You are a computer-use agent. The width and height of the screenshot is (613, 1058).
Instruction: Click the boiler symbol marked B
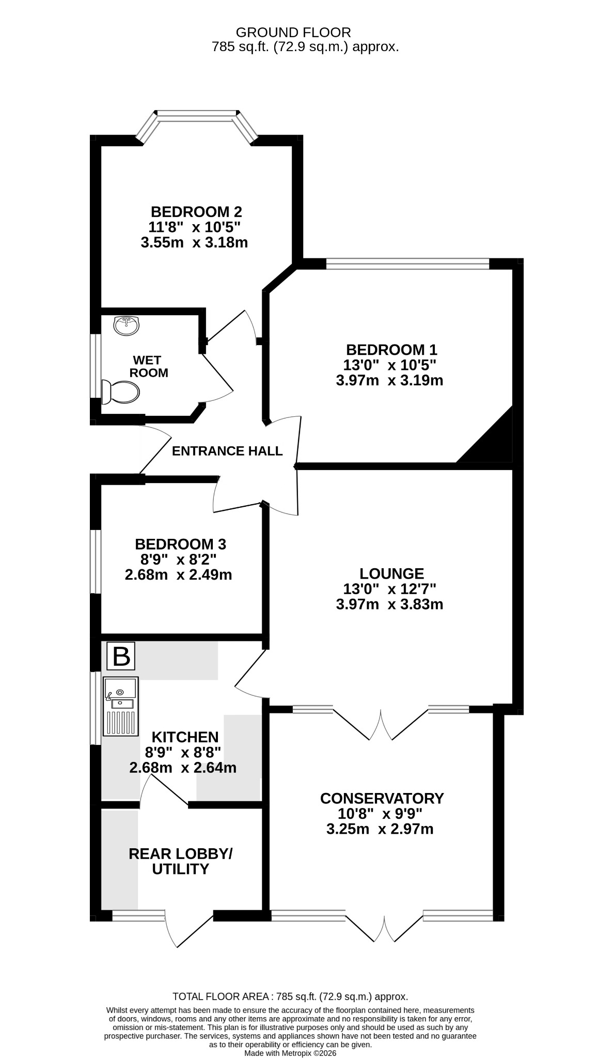coord(121,656)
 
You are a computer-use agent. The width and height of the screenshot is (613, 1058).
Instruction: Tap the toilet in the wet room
coord(120,392)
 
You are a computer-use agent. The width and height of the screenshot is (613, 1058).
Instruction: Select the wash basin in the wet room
coord(125,325)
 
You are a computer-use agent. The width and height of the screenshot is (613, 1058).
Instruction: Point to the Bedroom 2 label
coord(196,212)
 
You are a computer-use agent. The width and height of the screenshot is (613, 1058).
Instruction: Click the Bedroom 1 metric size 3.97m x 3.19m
coord(389,381)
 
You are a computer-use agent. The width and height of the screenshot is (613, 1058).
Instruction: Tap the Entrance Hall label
coord(227,451)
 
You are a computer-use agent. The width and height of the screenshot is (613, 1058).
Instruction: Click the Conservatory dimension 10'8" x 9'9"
coord(380,814)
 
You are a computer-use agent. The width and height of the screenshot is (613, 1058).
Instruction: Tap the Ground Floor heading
coord(293,33)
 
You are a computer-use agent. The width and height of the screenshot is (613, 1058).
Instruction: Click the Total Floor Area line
coord(290,997)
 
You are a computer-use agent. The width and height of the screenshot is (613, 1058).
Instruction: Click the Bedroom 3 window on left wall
coord(96,562)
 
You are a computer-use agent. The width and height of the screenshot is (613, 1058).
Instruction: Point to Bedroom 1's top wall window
coord(408,264)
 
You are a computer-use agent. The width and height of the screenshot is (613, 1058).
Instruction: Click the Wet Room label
coord(149,366)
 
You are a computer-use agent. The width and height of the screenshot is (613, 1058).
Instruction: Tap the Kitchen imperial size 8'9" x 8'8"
coord(183,752)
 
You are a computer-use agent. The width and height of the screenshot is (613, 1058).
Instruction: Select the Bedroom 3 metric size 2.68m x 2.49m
coord(178,574)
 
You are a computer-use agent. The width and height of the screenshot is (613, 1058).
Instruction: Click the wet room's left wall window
coord(96,366)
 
